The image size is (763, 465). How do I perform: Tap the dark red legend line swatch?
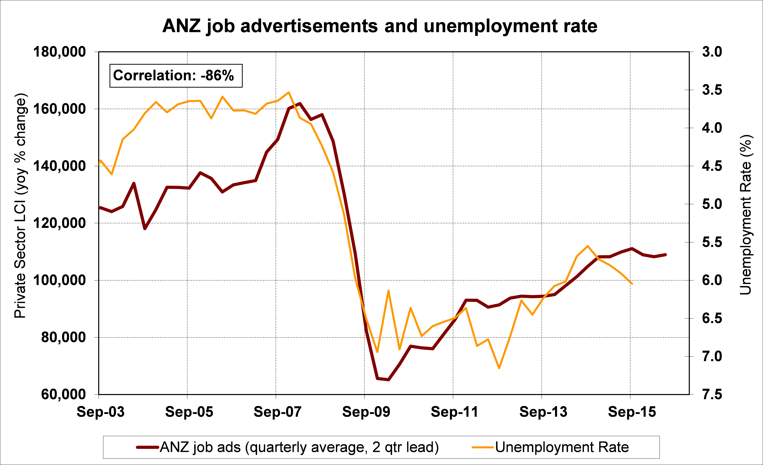click(148, 447)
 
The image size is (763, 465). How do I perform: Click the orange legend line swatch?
click(482, 447)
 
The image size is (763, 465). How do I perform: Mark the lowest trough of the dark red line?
click(388, 380)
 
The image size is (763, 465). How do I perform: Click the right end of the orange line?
click(632, 284)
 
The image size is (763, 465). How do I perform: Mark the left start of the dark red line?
click(100, 208)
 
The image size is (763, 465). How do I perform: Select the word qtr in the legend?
click(392, 447)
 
